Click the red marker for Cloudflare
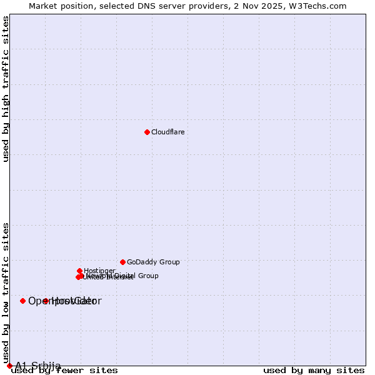[x=147, y=132]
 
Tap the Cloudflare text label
[x=167, y=132]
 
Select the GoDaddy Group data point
[x=122, y=262]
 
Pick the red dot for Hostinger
[x=80, y=271]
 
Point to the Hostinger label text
[x=99, y=271]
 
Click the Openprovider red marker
[x=23, y=301]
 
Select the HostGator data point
[x=46, y=301]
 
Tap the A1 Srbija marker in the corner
[x=9, y=366]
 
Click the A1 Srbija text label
[x=38, y=366]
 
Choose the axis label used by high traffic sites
[x=6, y=89]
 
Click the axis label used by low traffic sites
[x=6, y=292]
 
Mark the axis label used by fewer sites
[x=64, y=371]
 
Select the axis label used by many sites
[x=314, y=371]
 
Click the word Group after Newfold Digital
[x=147, y=276]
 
